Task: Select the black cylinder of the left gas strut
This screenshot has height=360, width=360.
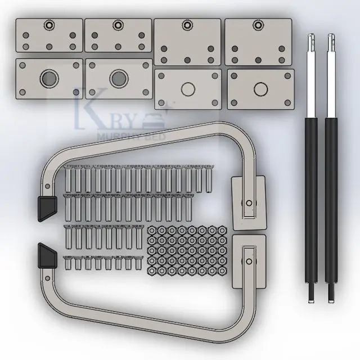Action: coord(311,197)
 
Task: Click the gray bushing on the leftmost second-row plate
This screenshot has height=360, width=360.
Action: coord(48,78)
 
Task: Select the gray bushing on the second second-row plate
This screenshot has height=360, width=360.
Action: coord(118,78)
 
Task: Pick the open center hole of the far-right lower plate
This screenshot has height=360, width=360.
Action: coord(260,89)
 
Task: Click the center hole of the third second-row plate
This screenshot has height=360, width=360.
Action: coord(188,89)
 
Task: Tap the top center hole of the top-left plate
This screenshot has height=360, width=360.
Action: coord(49,25)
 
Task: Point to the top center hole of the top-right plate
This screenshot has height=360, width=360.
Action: coord(258,24)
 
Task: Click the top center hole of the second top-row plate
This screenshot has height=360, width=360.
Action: coord(118,25)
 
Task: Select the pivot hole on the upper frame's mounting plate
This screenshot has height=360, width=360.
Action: coord(248,203)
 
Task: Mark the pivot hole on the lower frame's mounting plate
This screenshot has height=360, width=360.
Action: coord(247,261)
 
